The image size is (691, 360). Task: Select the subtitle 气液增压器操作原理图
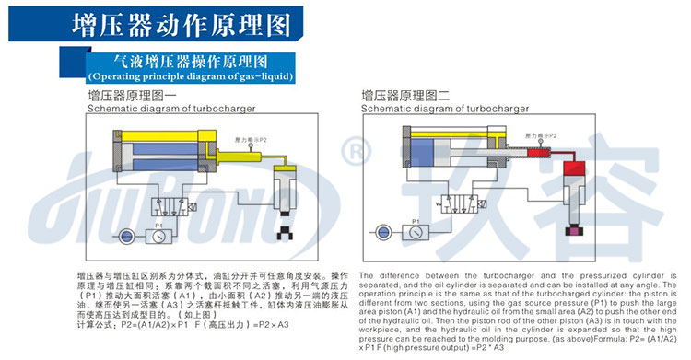tap(189, 61)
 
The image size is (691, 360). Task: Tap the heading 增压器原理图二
tap(404, 95)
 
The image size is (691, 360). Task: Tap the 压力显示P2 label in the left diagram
tap(252, 139)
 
